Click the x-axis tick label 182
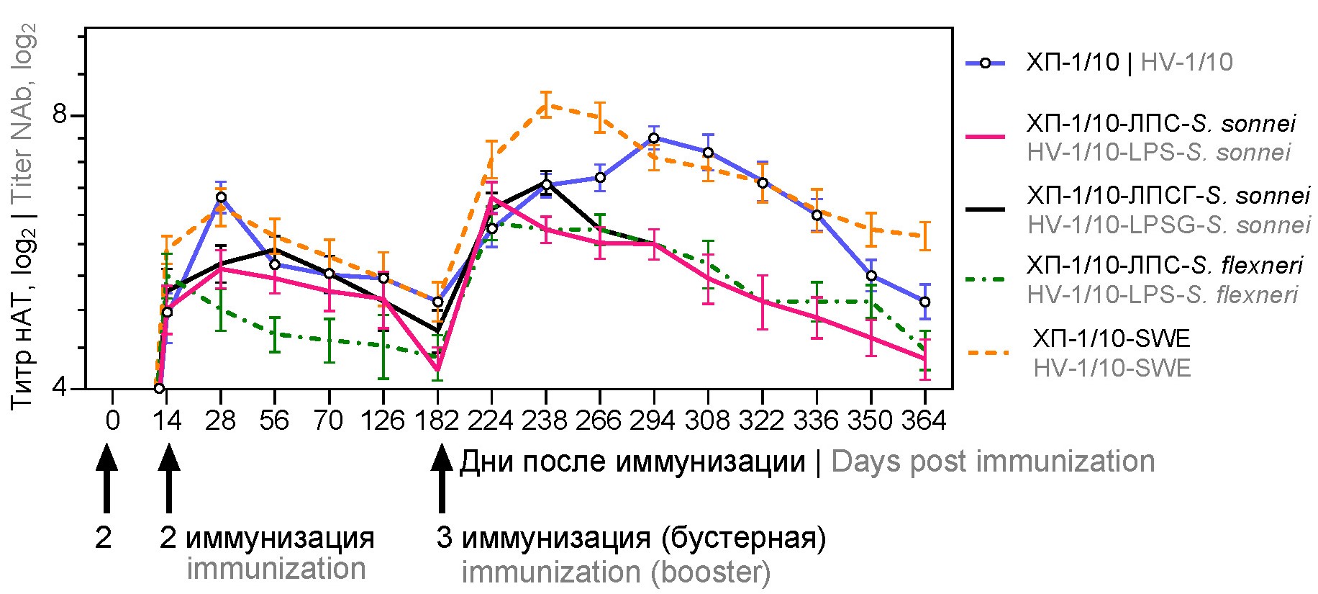437,420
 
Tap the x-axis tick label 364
924,420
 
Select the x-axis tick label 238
545,420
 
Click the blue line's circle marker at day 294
654,138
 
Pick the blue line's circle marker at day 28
221,197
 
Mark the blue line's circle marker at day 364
924,302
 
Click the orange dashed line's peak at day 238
546,105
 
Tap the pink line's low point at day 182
437,369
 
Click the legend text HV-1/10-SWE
1112,369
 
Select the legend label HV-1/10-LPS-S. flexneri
1162,295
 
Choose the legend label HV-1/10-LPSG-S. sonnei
1168,225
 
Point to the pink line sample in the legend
985,136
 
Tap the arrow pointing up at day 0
106,479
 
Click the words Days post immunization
993,462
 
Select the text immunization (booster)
616,573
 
